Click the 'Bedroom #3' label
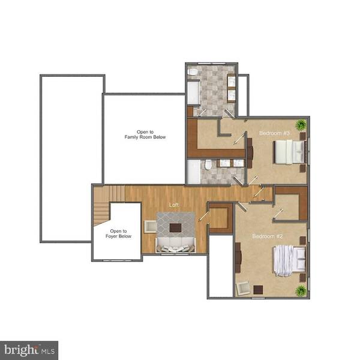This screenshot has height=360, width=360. (x=275, y=133)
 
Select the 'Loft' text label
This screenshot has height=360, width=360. (x=174, y=205)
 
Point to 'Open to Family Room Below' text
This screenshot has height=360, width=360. (x=145, y=134)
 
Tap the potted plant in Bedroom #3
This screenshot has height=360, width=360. (x=301, y=125)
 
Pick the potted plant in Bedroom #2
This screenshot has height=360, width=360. (x=301, y=291)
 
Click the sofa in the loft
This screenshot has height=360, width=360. (x=175, y=245)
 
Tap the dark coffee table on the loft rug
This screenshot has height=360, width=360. (x=175, y=227)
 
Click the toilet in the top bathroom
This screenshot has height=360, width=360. (x=193, y=72)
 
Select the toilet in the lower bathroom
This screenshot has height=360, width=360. (x=208, y=165)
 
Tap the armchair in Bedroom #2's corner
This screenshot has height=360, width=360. (x=244, y=288)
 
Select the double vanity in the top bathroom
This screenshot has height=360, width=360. (x=232, y=88)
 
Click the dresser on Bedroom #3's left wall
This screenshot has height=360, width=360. (x=251, y=153)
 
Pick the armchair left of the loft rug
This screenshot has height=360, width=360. (x=150, y=227)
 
